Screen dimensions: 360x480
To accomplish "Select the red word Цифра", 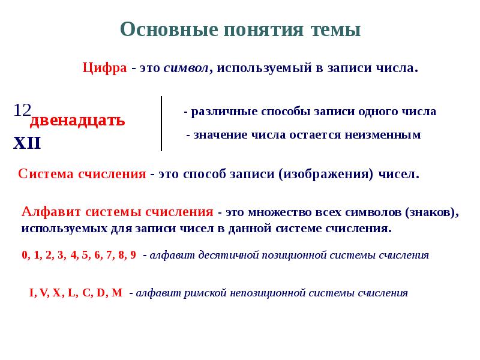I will [x=104, y=68].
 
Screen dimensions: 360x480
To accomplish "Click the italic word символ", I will [x=187, y=68].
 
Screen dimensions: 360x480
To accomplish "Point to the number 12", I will [x=22, y=110].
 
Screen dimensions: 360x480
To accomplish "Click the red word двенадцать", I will [x=78, y=120].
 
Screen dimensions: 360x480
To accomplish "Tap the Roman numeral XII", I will [x=28, y=143].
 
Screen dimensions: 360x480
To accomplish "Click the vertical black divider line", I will [x=161, y=123].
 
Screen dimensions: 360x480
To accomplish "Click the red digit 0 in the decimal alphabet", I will [x=25, y=254].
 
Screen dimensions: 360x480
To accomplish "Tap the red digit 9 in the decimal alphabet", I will [x=133, y=254].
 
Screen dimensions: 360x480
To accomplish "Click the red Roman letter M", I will [x=118, y=293].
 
